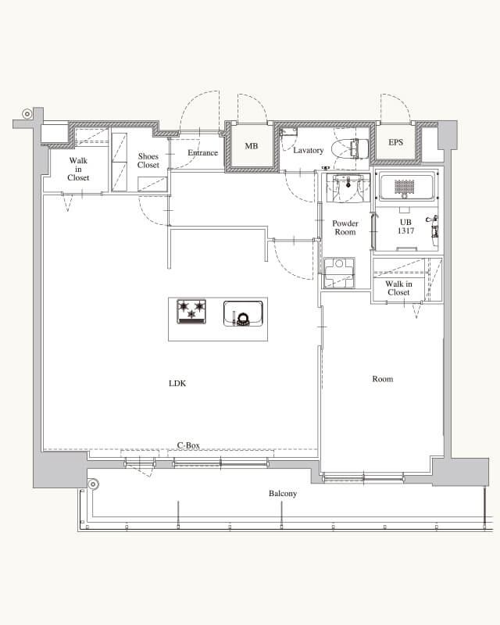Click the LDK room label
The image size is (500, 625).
point(177,384)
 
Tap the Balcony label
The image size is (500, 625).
point(283,494)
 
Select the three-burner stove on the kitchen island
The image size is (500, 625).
point(191,311)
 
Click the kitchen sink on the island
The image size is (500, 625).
point(243,314)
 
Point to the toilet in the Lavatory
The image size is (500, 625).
point(350,148)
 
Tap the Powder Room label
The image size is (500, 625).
point(345,227)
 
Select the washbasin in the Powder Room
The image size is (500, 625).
point(348,187)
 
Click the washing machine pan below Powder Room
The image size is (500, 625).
point(339,273)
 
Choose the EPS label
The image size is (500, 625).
point(395,142)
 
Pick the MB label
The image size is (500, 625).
point(252,146)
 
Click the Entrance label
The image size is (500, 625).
point(202,152)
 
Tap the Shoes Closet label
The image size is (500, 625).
point(148,161)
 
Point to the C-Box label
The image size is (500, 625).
point(188,445)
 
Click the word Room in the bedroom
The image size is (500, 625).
point(382,379)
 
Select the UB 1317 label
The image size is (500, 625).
point(405,227)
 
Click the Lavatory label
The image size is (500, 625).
point(309,151)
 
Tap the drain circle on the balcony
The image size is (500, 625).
point(93,484)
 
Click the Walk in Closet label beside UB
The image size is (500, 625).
point(398,288)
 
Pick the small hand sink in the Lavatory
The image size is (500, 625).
point(287,132)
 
